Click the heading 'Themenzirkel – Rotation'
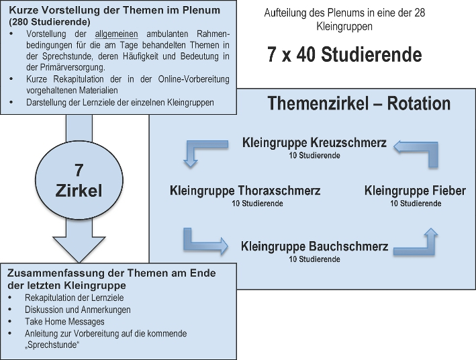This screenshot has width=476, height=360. [x=359, y=103]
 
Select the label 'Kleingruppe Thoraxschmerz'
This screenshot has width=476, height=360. [x=246, y=191]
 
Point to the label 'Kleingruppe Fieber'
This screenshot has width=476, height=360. [x=415, y=191]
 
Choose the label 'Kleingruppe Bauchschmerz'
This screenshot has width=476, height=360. [x=314, y=246]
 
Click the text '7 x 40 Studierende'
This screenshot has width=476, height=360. [x=344, y=54]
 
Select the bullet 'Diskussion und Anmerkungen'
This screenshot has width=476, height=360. [x=78, y=310]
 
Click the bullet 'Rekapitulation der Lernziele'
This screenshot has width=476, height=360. [x=73, y=298]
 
